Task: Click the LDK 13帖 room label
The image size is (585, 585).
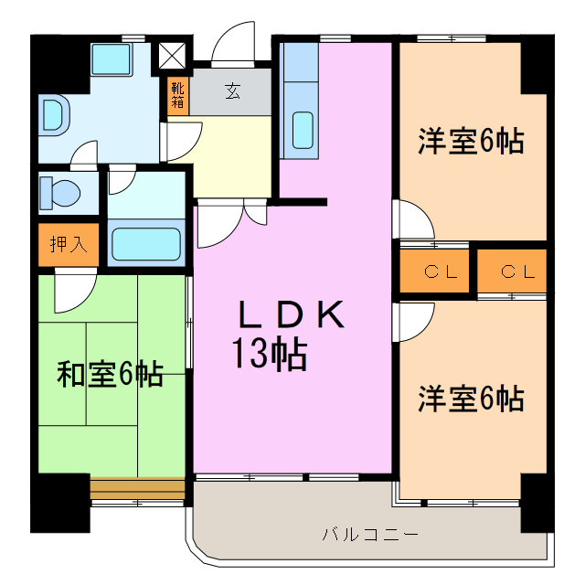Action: click(x=291, y=335)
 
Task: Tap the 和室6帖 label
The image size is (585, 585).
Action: click(x=111, y=374)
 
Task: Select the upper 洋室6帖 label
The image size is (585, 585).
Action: click(x=471, y=142)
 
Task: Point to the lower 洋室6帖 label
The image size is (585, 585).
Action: click(x=471, y=399)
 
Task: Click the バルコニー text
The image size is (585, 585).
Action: click(x=370, y=533)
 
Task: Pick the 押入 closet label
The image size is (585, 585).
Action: click(x=67, y=244)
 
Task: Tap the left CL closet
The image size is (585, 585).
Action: click(x=434, y=271)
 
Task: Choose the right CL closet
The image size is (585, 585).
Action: click(x=512, y=271)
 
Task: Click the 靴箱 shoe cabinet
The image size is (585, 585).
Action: click(x=177, y=96)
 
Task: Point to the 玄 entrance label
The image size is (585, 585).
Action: click(x=233, y=90)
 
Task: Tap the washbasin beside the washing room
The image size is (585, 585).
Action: click(x=54, y=115)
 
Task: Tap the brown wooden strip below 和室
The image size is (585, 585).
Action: click(x=137, y=485)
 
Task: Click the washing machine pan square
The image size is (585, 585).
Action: click(x=112, y=62)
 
